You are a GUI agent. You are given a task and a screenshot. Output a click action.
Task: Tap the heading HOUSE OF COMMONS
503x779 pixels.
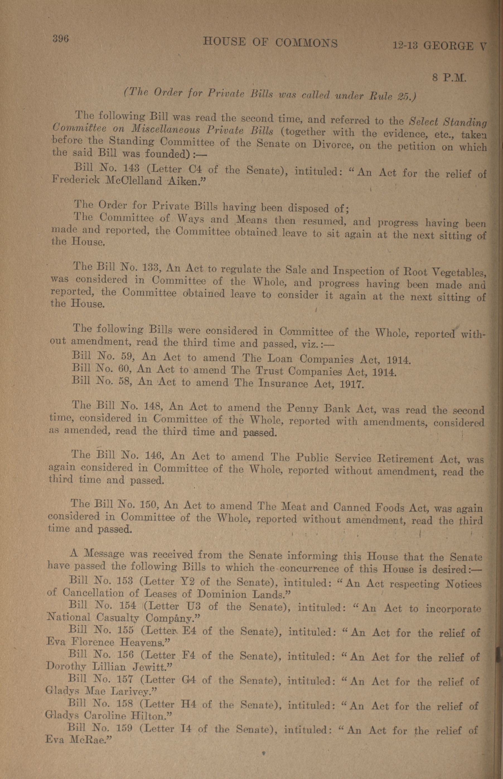pyautogui.click(x=270, y=42)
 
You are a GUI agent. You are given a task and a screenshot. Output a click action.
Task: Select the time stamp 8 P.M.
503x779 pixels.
pyautogui.click(x=449, y=78)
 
